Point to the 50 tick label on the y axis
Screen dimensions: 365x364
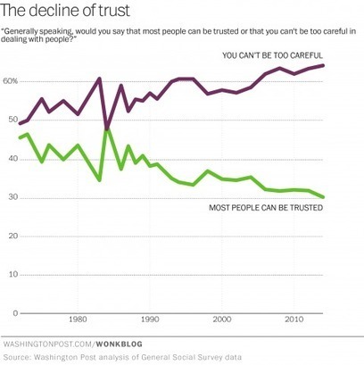point(12,120)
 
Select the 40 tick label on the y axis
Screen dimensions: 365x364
point(12,159)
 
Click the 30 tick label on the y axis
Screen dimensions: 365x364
point(12,197)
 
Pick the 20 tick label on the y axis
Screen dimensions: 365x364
point(12,236)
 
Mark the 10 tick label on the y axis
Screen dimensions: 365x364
point(12,275)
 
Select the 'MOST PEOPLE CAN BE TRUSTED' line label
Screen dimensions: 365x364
point(265,208)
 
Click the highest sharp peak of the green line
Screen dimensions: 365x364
point(107,130)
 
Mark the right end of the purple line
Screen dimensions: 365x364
point(322,65)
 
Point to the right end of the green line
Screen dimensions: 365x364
point(322,197)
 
